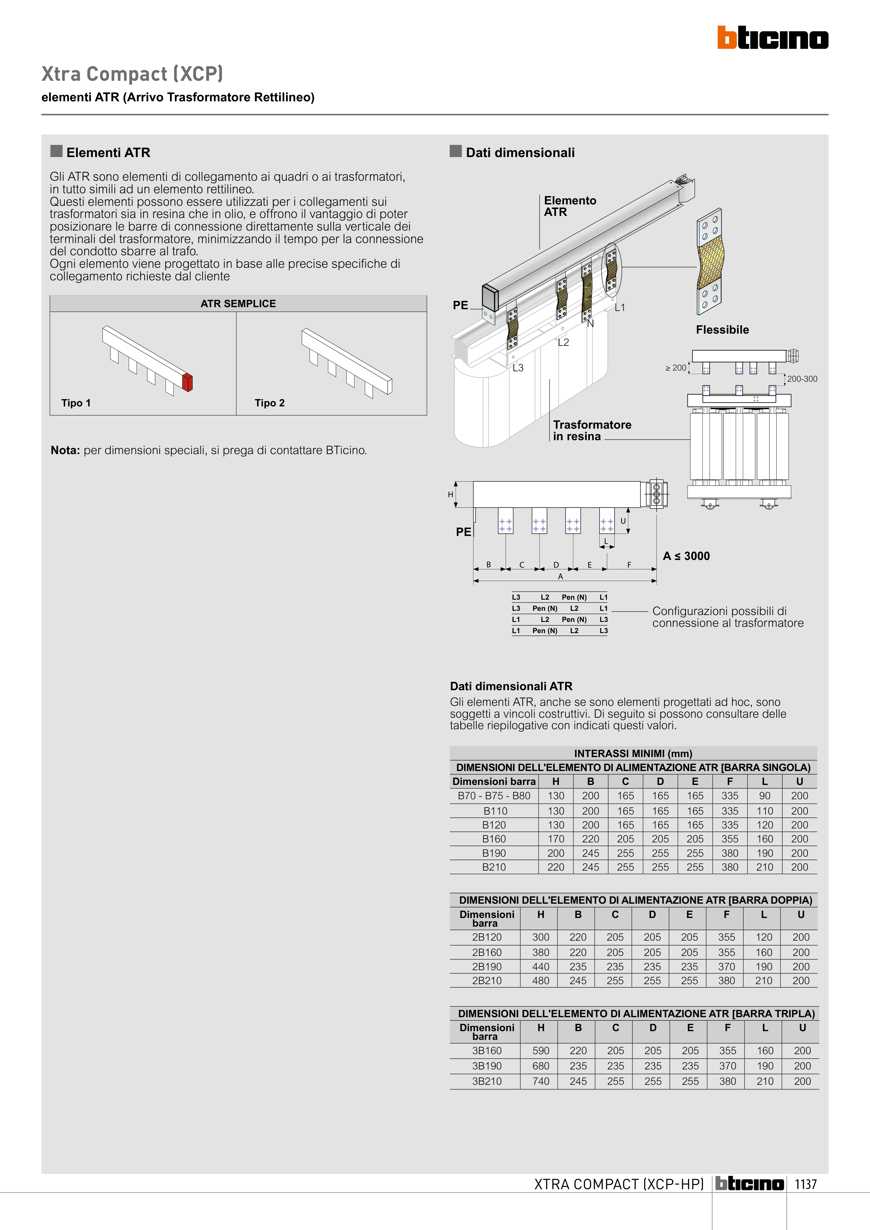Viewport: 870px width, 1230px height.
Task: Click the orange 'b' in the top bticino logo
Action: (x=727, y=38)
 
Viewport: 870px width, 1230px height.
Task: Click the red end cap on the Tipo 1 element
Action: (x=187, y=382)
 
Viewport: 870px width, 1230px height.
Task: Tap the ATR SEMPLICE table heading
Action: (x=238, y=304)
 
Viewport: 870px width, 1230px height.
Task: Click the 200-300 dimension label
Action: (x=802, y=379)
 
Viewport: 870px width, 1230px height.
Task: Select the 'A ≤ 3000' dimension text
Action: (x=686, y=556)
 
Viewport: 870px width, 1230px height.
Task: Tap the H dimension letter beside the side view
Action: (x=450, y=495)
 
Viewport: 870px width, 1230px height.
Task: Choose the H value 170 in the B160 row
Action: (x=556, y=839)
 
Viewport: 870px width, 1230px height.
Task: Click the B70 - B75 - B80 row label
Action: (x=494, y=796)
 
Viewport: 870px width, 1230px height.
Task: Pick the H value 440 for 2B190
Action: (x=540, y=966)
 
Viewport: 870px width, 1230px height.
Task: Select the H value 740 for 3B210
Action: (x=540, y=1081)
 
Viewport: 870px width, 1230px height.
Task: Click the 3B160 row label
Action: (x=487, y=1051)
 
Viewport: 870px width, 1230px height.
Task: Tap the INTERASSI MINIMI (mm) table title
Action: (x=633, y=753)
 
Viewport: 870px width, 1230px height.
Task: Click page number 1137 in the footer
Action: (x=805, y=1184)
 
